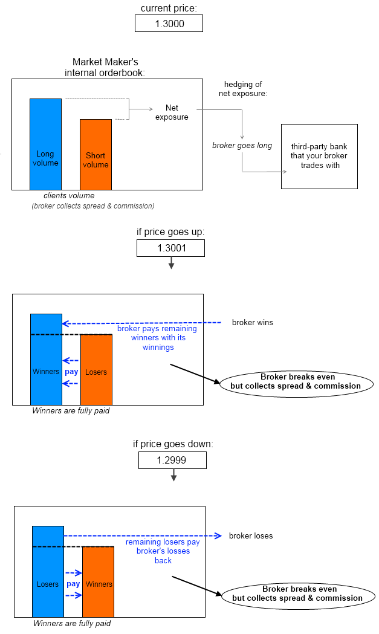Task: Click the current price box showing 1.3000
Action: pos(169,23)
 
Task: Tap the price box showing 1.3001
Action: pos(170,248)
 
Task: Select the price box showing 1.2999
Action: pos(172,461)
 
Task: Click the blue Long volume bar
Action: pos(45,144)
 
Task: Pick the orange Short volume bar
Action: pos(96,154)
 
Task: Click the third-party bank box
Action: pos(319,156)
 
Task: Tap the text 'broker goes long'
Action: pos(242,146)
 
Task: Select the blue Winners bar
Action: pos(46,359)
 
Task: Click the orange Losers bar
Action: pos(96,369)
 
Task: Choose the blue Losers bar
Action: pos(48,571)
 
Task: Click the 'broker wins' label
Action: pos(252,323)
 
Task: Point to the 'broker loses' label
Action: pos(250,536)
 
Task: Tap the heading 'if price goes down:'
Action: pos(173,444)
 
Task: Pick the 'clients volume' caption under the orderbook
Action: pos(69,195)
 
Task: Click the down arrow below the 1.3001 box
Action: pos(171,263)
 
